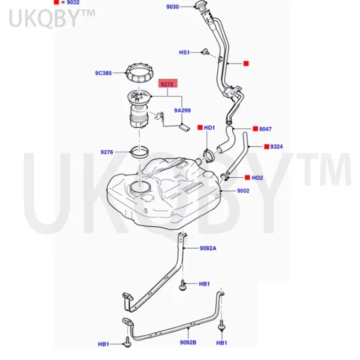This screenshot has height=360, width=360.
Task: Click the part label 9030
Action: point(173,7)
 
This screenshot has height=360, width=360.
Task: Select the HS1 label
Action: point(184,53)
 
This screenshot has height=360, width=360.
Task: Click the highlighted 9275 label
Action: point(167,85)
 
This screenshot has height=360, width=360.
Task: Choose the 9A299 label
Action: point(183,110)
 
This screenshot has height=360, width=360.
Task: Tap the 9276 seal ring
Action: point(139,152)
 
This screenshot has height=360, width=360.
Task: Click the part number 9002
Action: point(243,191)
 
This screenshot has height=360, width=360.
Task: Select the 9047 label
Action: point(265,129)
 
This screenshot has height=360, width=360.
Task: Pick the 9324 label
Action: point(276,147)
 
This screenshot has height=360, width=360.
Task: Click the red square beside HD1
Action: point(200,127)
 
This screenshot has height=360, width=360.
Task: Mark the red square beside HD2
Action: point(247,177)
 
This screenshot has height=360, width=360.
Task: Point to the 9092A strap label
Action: point(208,248)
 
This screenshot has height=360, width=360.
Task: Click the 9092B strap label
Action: point(188,342)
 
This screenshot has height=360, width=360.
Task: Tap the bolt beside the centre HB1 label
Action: point(183,285)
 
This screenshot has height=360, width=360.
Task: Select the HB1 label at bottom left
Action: point(103,344)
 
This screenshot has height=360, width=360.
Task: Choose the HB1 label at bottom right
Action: point(222,343)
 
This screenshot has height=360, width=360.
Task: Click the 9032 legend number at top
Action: point(73,3)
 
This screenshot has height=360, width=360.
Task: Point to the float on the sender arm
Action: point(184,127)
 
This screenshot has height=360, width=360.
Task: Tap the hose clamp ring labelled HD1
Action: point(209,155)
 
